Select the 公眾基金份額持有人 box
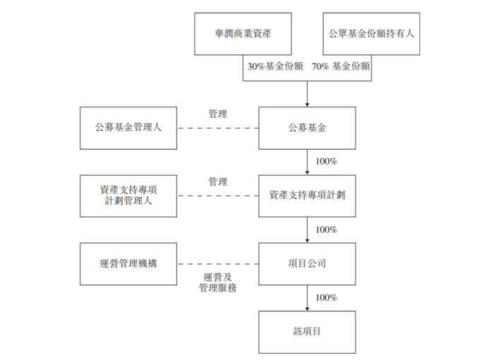371,33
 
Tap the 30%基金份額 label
275,66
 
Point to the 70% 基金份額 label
341,66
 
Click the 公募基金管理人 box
128,128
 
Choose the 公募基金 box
307,128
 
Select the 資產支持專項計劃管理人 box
128,196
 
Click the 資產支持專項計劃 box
307,196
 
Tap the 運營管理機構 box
128,263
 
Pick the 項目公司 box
307,263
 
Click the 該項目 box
307,330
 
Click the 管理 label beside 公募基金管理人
217,114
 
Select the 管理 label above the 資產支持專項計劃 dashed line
217,181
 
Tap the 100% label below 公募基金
326,162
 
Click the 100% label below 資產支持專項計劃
326,229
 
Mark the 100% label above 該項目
326,297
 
